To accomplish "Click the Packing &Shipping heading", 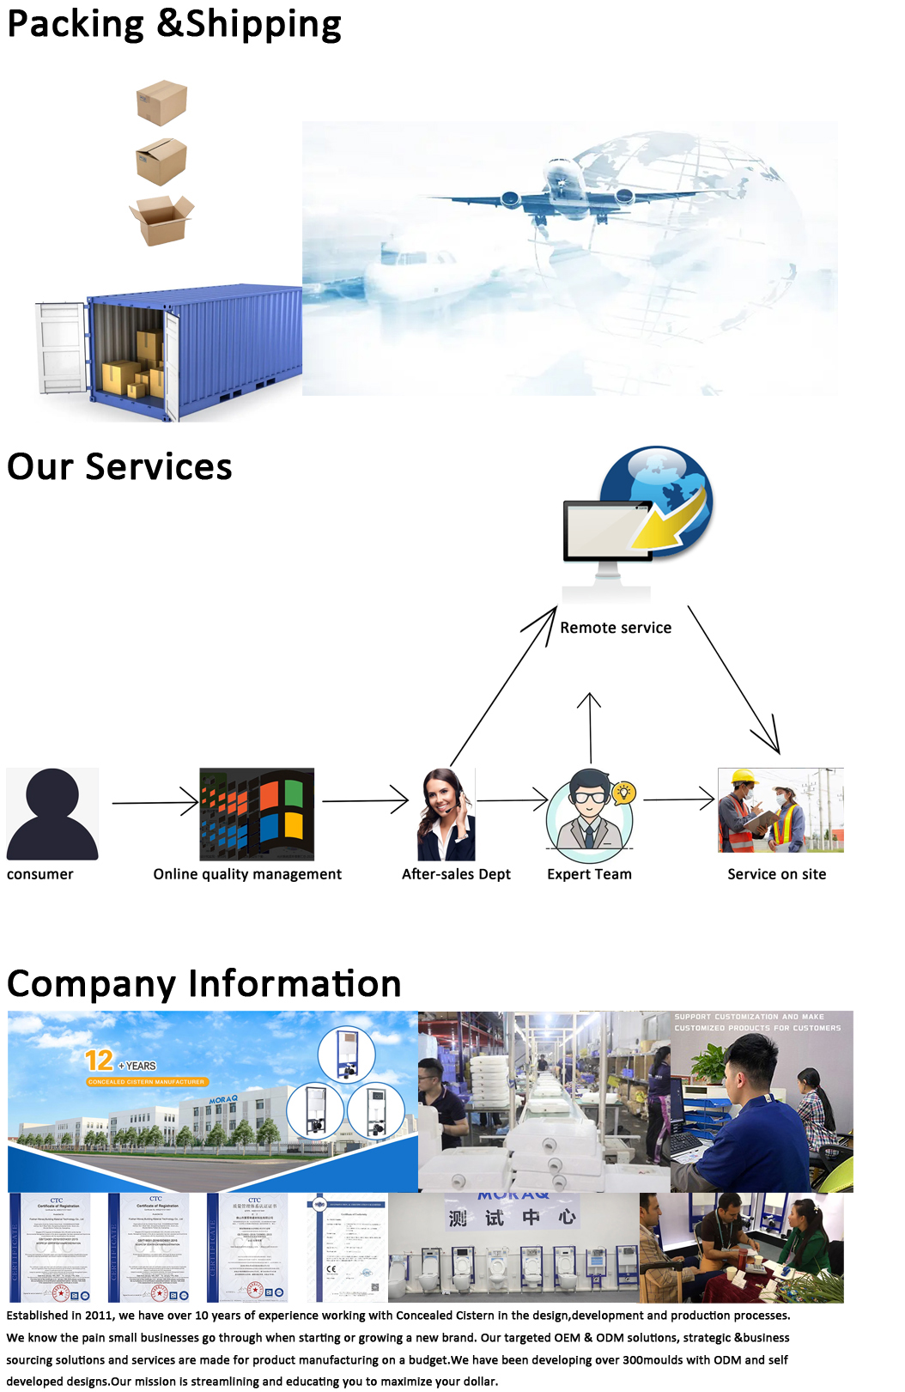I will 174,24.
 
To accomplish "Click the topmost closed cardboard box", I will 161,102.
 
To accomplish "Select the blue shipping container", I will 197,343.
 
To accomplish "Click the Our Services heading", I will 119,467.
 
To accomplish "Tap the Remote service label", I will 616,628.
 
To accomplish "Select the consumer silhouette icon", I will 52,814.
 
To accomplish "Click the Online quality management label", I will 247,874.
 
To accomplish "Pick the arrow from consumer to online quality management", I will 155,803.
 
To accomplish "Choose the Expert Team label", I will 589,874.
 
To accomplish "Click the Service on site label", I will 776,874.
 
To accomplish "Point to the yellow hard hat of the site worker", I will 744,778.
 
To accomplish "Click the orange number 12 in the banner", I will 100,1061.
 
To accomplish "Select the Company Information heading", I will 204,984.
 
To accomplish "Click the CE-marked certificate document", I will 347,1247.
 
